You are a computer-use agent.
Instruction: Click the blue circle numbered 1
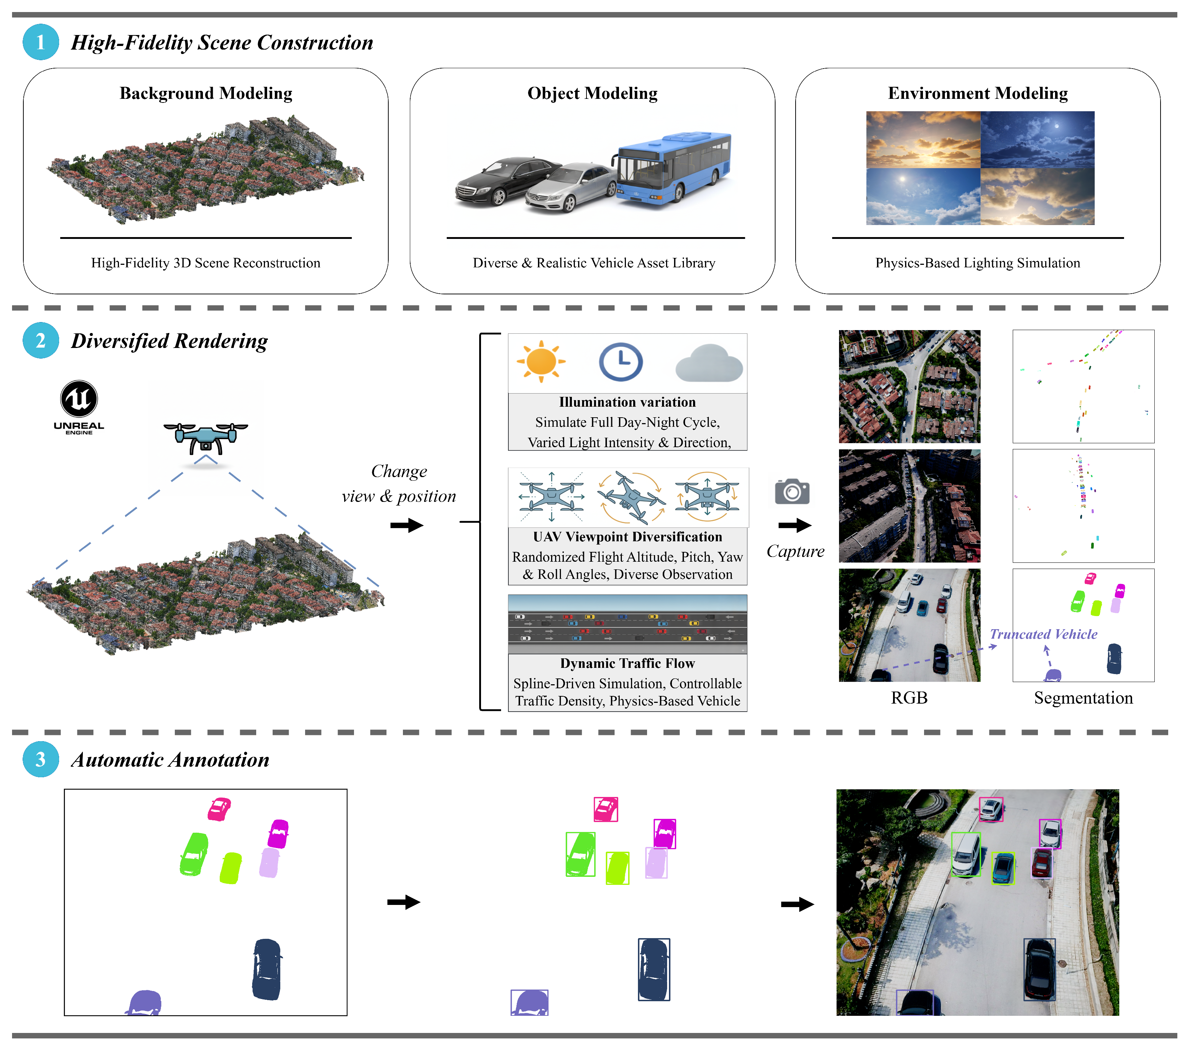pos(41,42)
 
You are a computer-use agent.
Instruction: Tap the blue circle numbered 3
pos(41,759)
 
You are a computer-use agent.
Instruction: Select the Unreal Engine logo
pos(79,406)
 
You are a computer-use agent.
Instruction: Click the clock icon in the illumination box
pos(620,362)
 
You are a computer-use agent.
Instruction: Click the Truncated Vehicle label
pos(1043,634)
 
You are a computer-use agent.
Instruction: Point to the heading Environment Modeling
pos(977,93)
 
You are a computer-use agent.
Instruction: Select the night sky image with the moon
pos(1037,140)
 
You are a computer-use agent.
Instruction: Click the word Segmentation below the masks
pos(1083,698)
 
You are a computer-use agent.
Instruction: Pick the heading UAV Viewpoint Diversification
pos(627,537)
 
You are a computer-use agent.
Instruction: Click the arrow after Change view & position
pos(407,526)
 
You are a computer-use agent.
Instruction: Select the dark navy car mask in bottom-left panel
pos(267,969)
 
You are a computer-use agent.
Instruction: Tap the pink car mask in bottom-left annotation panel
pos(219,809)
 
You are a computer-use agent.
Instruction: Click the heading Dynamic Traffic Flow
pos(627,663)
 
